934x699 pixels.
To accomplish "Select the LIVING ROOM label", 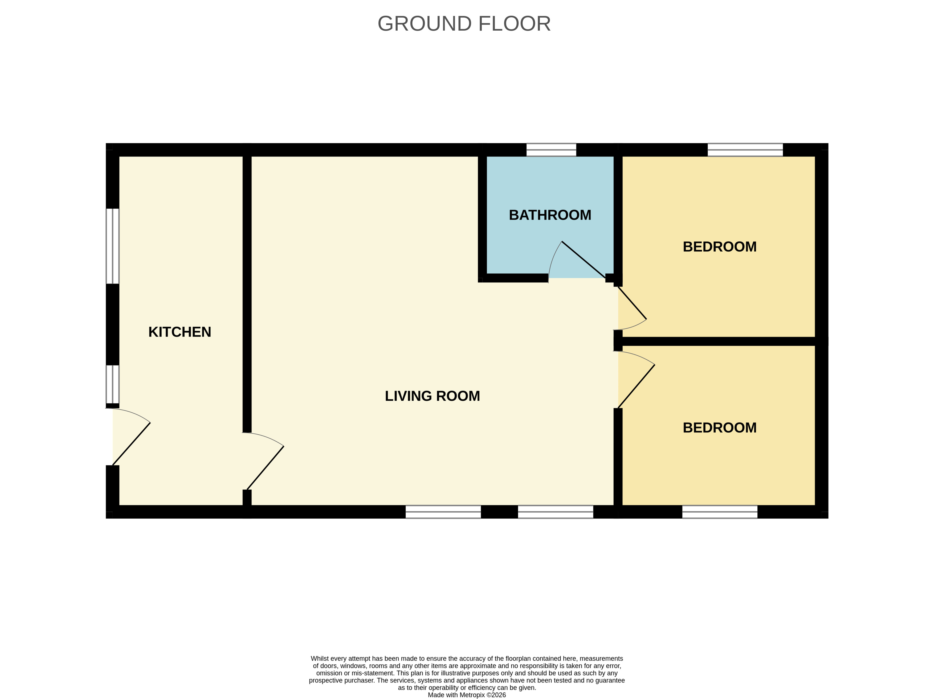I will click(x=432, y=396).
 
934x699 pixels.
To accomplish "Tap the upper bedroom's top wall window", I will click(x=745, y=150).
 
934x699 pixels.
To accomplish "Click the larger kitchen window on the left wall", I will click(x=112, y=246).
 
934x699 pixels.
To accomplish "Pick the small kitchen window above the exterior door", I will click(x=112, y=384).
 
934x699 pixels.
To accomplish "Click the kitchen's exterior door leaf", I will click(x=131, y=444).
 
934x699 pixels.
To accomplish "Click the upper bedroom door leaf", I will click(x=632, y=302).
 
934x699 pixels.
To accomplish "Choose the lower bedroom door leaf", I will click(x=636, y=386).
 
